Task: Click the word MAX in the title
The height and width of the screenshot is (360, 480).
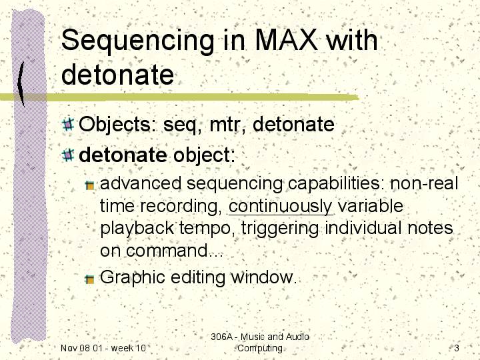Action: pyautogui.click(x=286, y=40)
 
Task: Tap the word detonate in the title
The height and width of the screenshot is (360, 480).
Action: pyautogui.click(x=118, y=75)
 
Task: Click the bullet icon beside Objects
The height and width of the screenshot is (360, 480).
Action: pyautogui.click(x=68, y=125)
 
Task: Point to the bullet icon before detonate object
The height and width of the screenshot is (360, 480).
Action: pyautogui.click(x=68, y=155)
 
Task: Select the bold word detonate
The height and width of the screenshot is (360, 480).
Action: pyautogui.click(x=123, y=155)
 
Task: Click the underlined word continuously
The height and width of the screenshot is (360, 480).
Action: pyautogui.click(x=281, y=206)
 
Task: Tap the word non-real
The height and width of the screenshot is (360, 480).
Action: pyautogui.click(x=424, y=184)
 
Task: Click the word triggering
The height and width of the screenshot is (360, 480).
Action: pyautogui.click(x=280, y=229)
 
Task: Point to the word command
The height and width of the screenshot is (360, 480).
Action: pyautogui.click(x=171, y=251)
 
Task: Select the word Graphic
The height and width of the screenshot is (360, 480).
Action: pyautogui.click(x=133, y=277)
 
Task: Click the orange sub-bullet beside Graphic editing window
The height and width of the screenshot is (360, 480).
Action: pyautogui.click(x=90, y=279)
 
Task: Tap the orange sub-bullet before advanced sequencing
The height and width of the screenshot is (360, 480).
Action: pyautogui.click(x=90, y=185)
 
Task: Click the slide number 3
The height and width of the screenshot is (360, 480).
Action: pyautogui.click(x=457, y=348)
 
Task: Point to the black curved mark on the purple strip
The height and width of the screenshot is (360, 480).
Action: pyautogui.click(x=21, y=83)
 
